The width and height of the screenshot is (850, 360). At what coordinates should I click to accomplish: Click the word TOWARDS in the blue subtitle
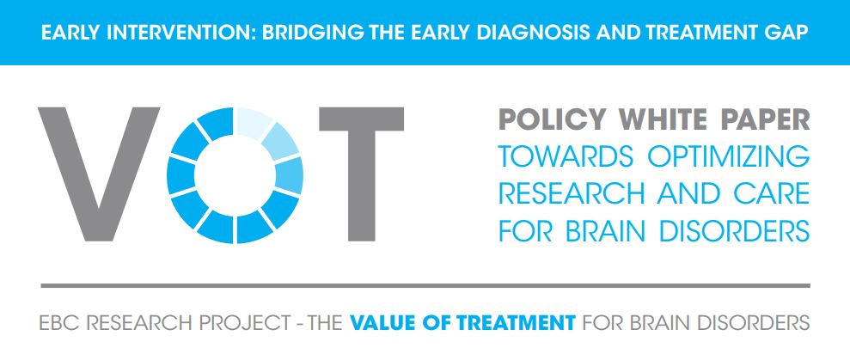566,156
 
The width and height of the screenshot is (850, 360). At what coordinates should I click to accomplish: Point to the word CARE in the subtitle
774,194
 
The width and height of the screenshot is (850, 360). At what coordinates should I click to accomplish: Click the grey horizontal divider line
425,285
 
